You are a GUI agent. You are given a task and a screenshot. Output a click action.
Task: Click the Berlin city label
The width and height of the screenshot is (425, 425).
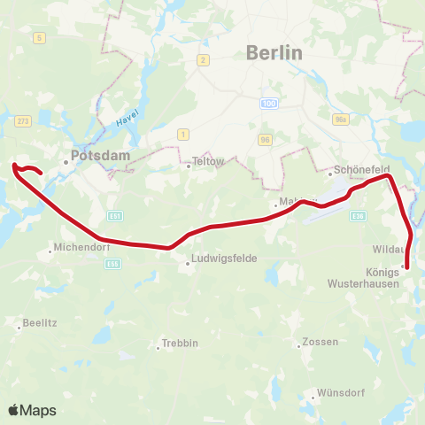coord(275,53)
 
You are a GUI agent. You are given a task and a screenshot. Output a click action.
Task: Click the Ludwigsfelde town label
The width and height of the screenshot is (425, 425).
coord(217,262)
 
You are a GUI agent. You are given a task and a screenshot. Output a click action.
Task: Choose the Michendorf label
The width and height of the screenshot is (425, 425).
coord(80,249)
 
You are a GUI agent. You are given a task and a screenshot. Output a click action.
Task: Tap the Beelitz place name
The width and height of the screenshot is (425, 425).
coord(41,324)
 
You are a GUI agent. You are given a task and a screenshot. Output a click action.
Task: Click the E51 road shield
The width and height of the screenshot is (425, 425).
coord(115,215)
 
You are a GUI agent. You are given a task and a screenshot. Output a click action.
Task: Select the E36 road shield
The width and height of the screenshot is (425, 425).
coord(358,215)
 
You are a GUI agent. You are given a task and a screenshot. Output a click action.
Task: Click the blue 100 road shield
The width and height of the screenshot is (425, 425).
coord(268,104)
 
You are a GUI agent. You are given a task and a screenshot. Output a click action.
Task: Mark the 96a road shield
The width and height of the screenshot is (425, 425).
coord(342,120)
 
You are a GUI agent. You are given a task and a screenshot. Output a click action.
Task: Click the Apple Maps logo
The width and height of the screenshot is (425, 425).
coord(32,410)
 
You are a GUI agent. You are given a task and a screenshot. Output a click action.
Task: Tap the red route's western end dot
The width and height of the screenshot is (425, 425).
coord(16,165)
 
